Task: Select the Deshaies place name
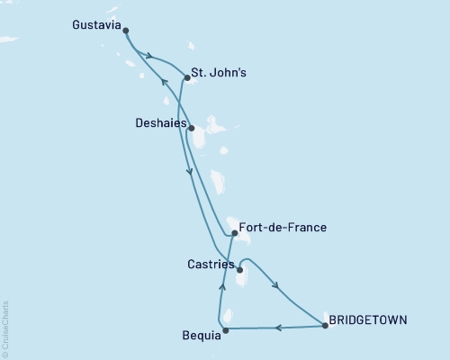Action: [x=159, y=123]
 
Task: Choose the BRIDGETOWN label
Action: [x=368, y=319]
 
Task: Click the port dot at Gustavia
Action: [x=125, y=31]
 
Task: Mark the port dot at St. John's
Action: [x=186, y=78]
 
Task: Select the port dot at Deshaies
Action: [x=191, y=128]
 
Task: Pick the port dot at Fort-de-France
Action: [x=234, y=233]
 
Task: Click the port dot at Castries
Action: [x=238, y=268]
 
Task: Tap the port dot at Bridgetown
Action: [x=325, y=326]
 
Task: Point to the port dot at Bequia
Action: [x=225, y=330]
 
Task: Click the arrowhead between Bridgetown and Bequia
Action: [x=279, y=328]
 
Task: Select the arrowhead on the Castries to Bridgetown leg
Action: [x=275, y=287]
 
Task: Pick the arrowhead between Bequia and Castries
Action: [x=221, y=288]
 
